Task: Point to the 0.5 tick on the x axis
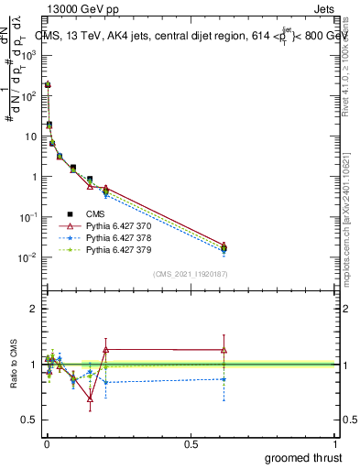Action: (191, 443)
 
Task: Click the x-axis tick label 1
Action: (335, 443)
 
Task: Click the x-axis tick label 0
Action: (46, 443)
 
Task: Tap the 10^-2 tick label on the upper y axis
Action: (28, 257)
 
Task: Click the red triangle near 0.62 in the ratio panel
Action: (224, 349)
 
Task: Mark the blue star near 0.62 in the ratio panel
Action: (224, 379)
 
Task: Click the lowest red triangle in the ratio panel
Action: (90, 398)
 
